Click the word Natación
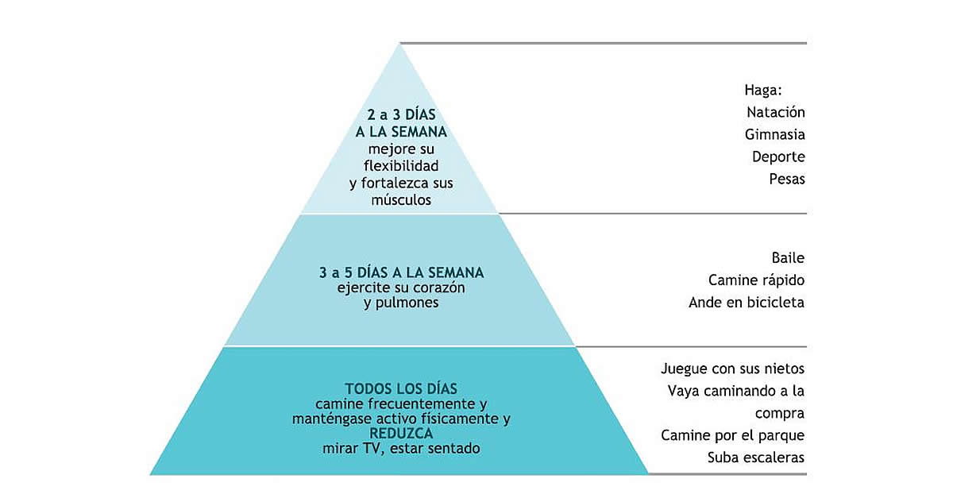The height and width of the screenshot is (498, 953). click(775, 113)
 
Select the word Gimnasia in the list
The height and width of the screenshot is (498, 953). click(775, 135)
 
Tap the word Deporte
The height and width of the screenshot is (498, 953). click(778, 157)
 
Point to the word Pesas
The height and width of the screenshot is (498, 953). click(787, 180)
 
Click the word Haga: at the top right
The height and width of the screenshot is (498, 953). click(763, 90)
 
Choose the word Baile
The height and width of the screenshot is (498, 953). click(788, 258)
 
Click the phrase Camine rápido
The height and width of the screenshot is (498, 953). click(756, 280)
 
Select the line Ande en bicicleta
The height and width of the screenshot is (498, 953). click(747, 303)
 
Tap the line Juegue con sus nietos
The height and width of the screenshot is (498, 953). click(732, 369)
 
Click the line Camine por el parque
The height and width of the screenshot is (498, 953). click(732, 436)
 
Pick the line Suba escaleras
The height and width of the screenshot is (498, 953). click(756, 458)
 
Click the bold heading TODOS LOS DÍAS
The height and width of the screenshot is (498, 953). click(401, 389)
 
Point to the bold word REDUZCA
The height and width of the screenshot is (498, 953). click(401, 434)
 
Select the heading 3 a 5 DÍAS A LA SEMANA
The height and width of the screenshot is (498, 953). click(401, 273)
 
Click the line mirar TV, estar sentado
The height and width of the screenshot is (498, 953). click(401, 449)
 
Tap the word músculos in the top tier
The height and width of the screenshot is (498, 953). click(401, 200)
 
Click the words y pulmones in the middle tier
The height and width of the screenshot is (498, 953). click(401, 303)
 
